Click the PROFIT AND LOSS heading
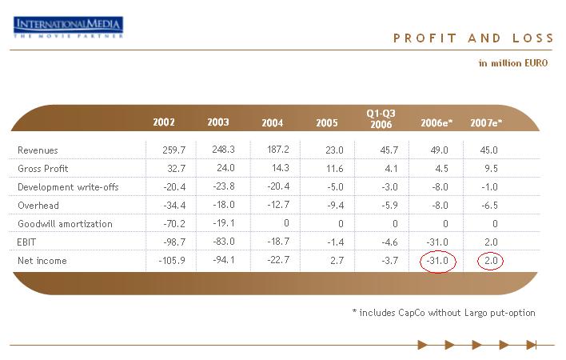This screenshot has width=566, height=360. click(473, 38)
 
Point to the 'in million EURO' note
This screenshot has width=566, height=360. click(513, 63)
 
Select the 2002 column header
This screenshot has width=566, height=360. click(164, 122)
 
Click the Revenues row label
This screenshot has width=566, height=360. click(38, 150)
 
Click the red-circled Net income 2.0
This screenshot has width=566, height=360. click(489, 261)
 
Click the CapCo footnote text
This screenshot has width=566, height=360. click(443, 313)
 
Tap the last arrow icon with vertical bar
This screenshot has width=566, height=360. click(531, 345)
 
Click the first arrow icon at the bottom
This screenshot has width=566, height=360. click(423, 345)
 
